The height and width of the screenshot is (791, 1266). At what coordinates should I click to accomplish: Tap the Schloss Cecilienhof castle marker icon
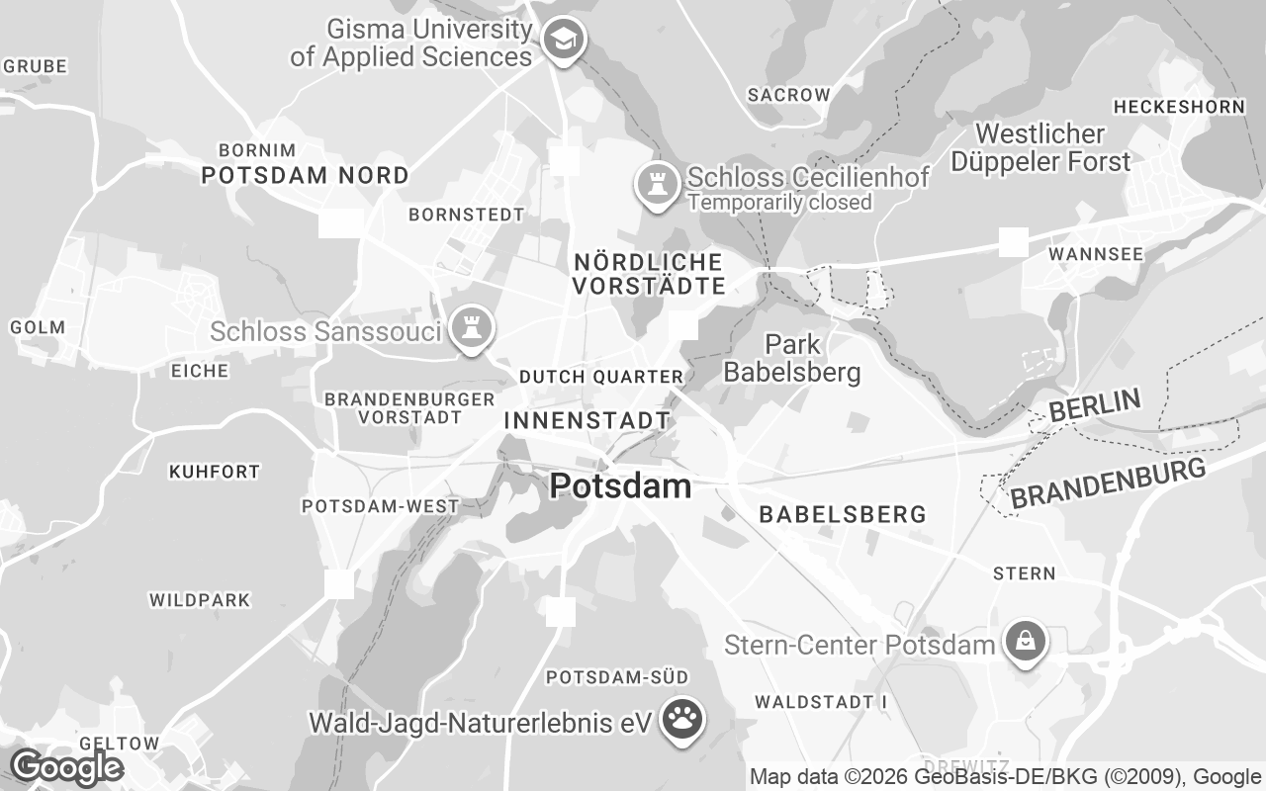tap(655, 184)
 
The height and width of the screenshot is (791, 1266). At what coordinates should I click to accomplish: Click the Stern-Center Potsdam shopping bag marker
tap(1026, 642)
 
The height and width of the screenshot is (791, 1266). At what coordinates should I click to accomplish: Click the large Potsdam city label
tap(620, 485)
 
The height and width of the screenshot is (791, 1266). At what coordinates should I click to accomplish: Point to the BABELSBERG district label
tap(842, 514)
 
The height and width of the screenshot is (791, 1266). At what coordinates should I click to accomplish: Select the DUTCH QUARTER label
tap(601, 377)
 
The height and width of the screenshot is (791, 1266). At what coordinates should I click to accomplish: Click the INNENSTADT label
tap(587, 420)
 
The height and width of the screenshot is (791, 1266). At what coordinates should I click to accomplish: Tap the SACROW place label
tap(788, 95)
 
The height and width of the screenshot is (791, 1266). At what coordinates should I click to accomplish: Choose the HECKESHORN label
tap(1179, 107)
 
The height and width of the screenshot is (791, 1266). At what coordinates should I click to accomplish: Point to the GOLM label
tap(38, 327)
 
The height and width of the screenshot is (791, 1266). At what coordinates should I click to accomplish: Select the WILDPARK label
tap(200, 600)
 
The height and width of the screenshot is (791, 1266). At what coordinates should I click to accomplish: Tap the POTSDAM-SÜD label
tap(617, 677)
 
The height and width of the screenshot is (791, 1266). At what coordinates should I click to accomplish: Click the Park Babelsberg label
tap(792, 358)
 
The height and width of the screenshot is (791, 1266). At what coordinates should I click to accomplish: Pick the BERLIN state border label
tap(1095, 405)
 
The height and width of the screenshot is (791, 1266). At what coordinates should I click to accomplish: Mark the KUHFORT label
tap(215, 472)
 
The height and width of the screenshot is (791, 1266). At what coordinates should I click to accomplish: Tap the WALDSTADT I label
tap(821, 702)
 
